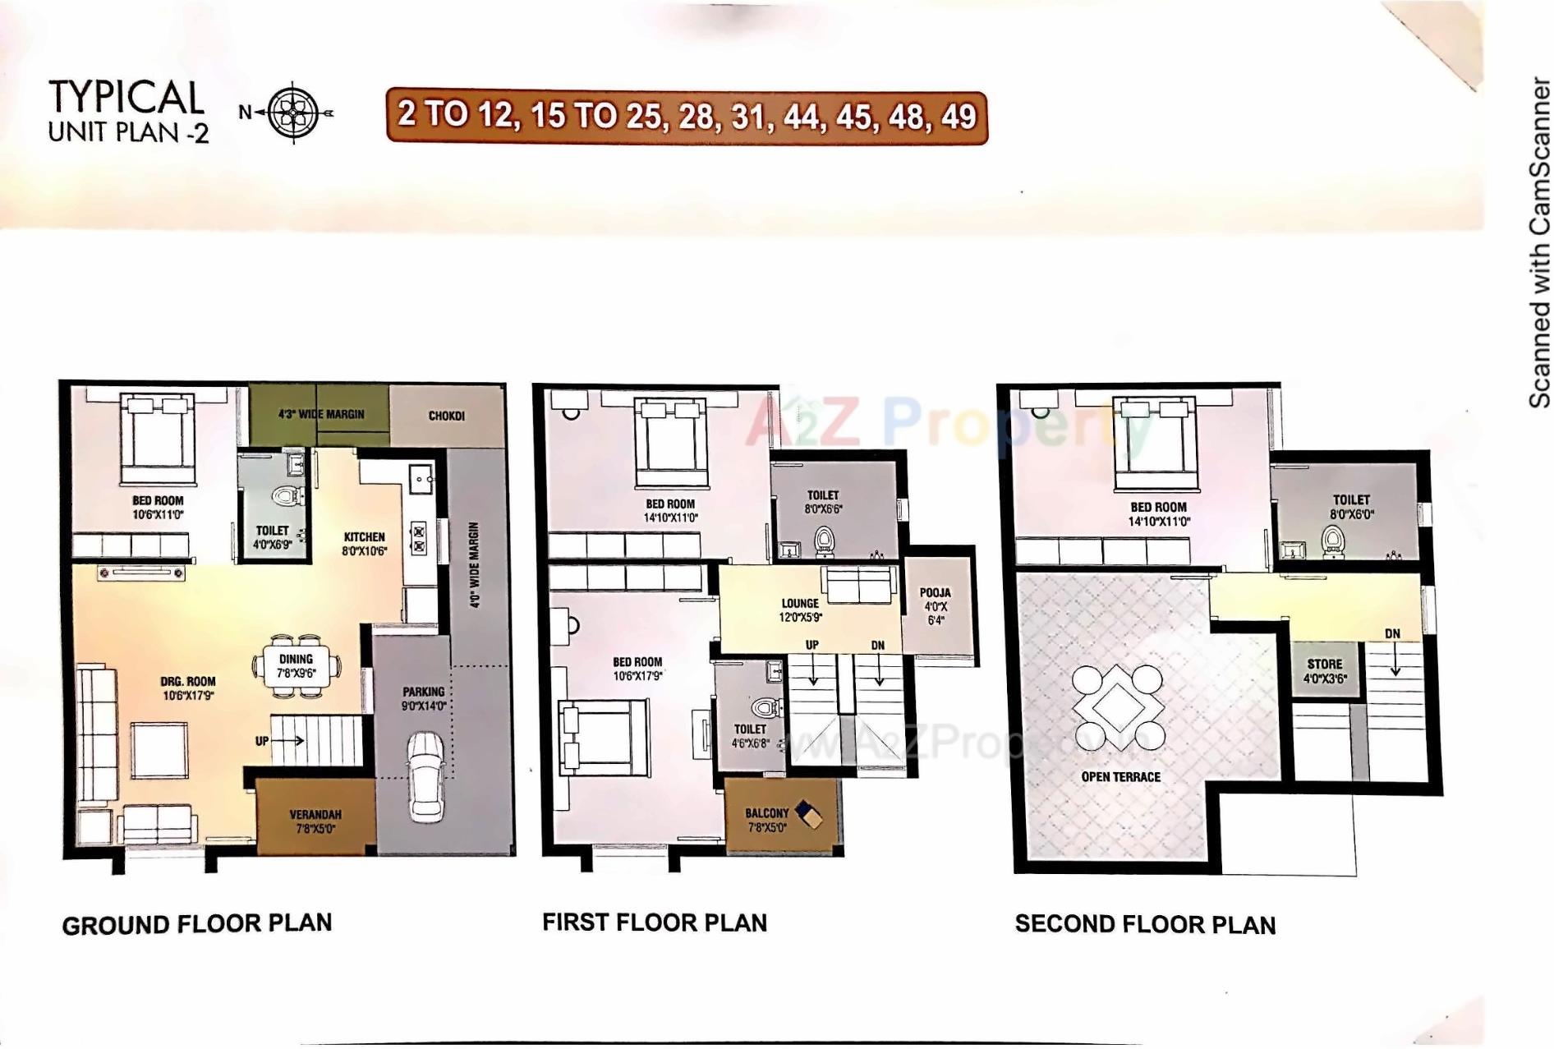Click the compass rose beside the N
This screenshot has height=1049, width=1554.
[293, 113]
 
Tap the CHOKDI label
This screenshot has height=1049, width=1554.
[446, 416]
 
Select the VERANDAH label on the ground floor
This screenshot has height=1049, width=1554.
[315, 815]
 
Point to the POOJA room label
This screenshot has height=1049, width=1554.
[935, 592]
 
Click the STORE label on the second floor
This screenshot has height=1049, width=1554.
[1324, 664]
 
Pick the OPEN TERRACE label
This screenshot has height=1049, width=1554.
[1120, 776]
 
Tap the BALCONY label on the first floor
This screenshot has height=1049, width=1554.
[766, 813]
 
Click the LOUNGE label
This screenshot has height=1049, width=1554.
[800, 603]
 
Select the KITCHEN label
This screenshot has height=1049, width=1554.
[364, 537]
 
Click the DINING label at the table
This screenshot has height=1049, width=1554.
[296, 659]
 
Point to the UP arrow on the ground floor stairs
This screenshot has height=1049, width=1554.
[279, 740]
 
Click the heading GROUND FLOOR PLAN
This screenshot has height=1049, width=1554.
[197, 924]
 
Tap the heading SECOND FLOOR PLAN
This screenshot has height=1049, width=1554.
[1145, 924]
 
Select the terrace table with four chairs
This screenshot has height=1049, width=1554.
[1117, 706]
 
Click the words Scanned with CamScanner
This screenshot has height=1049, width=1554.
[1538, 243]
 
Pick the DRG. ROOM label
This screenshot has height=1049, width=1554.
[188, 681]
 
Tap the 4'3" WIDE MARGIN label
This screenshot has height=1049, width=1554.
[320, 414]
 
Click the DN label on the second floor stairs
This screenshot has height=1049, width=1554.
[1392, 633]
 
